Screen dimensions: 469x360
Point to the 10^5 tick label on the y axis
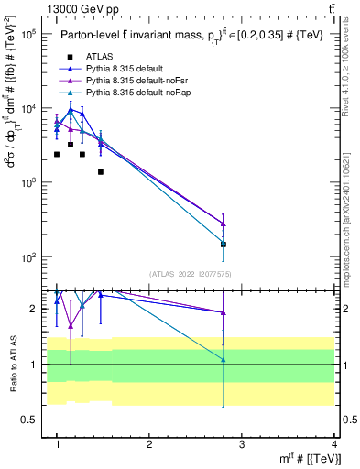[27, 34]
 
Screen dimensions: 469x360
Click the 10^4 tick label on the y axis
[27, 108]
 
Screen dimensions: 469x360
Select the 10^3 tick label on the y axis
[27, 182]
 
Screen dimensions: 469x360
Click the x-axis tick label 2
[149, 444]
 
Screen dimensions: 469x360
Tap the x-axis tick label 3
[242, 444]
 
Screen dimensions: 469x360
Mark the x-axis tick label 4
[333, 444]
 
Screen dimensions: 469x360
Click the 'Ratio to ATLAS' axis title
[11, 365]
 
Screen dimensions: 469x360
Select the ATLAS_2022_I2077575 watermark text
[190, 273]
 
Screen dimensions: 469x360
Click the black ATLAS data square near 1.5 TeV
[101, 172]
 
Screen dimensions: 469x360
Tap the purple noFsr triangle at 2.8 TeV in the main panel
[224, 224]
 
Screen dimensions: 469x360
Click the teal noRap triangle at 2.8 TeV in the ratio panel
[224, 359]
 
